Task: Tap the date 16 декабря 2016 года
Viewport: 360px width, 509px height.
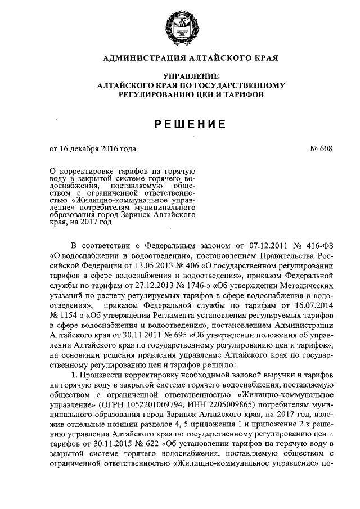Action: click(x=98, y=149)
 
